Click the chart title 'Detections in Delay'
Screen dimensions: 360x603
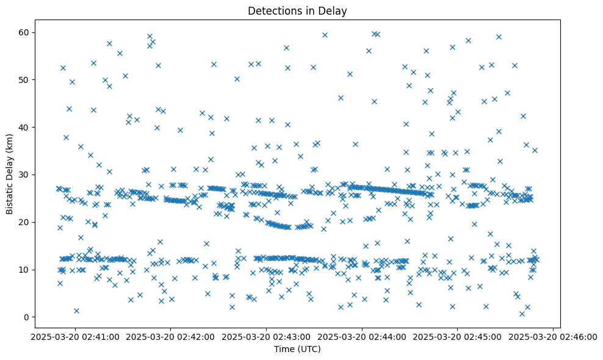tap(297, 10)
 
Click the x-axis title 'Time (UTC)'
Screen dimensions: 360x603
tap(297, 350)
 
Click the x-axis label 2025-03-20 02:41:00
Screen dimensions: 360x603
tap(74, 336)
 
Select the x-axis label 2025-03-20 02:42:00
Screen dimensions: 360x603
tap(170, 336)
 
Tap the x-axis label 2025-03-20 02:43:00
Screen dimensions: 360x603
tap(266, 336)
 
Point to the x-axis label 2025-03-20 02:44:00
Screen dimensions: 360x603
tap(362, 336)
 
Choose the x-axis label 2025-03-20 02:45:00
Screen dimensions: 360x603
tap(457, 336)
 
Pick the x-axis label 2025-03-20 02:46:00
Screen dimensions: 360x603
tap(553, 336)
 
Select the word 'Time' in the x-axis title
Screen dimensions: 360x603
tap(283, 350)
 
